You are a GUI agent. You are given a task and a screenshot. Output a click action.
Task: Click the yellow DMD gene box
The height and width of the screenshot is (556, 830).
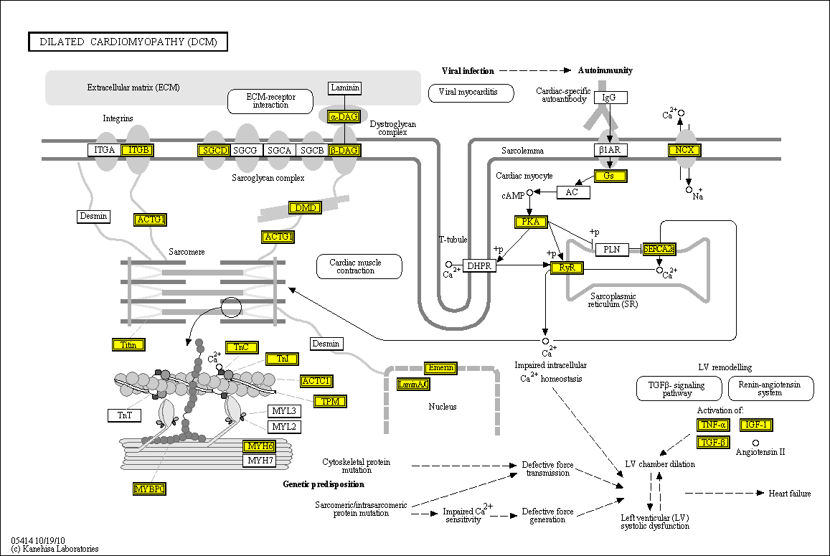pyautogui.click(x=305, y=208)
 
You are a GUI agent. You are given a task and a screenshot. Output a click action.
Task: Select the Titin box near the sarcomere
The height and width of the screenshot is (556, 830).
pyautogui.click(x=129, y=345)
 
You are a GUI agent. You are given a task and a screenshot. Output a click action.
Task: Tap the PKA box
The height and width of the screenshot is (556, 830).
pyautogui.click(x=531, y=222)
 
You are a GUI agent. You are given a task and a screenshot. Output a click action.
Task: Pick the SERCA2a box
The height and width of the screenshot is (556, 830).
pyautogui.click(x=659, y=250)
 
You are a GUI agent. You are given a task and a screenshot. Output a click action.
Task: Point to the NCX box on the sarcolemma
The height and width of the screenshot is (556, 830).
pyautogui.click(x=684, y=150)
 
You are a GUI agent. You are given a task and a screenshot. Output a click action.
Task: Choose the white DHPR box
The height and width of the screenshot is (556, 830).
pyautogui.click(x=479, y=266)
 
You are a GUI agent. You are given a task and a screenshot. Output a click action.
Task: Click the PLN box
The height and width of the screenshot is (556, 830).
pyautogui.click(x=611, y=250)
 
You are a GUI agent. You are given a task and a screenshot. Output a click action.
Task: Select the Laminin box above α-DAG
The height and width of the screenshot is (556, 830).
pyautogui.click(x=345, y=88)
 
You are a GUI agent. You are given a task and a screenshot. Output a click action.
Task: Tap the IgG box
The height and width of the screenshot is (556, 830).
pyautogui.click(x=609, y=97)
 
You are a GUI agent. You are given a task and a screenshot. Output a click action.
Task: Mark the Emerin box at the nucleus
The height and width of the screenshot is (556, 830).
pyautogui.click(x=440, y=368)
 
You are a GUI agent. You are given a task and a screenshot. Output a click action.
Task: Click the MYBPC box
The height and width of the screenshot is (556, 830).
pyautogui.click(x=150, y=489)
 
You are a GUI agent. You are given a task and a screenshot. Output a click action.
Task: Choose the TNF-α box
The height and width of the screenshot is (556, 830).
pyautogui.click(x=712, y=425)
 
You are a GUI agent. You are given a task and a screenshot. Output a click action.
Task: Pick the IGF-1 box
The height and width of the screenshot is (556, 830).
pyautogui.click(x=757, y=425)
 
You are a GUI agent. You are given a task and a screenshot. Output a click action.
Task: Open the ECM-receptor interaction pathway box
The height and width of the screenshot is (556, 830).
pyautogui.click(x=270, y=101)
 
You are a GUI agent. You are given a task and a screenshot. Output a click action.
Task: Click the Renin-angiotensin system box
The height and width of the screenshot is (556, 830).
pyautogui.click(x=770, y=388)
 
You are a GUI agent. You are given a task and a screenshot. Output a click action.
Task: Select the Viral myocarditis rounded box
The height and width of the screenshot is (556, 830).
pyautogui.click(x=471, y=93)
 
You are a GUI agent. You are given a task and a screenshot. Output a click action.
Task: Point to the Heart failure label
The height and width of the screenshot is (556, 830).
pyautogui.click(x=790, y=494)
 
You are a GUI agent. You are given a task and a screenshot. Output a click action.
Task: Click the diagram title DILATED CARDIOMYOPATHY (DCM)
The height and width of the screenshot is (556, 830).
pyautogui.click(x=128, y=42)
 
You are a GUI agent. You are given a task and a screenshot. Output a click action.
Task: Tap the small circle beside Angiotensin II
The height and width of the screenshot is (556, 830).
pyautogui.click(x=755, y=443)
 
